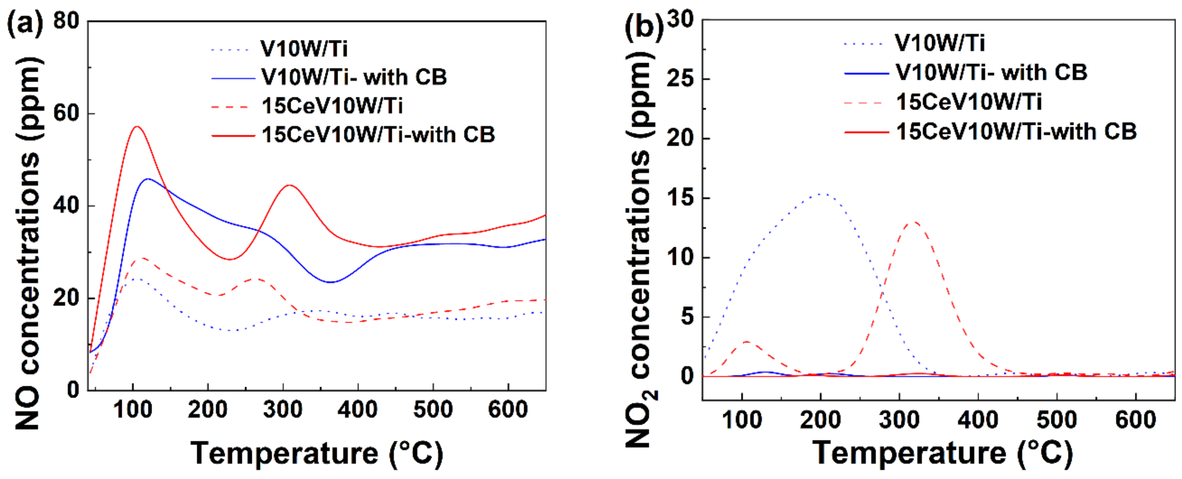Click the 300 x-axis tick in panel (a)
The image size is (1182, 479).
click(283, 409)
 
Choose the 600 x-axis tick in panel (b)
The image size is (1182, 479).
click(1135, 419)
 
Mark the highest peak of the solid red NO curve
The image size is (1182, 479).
click(137, 126)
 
